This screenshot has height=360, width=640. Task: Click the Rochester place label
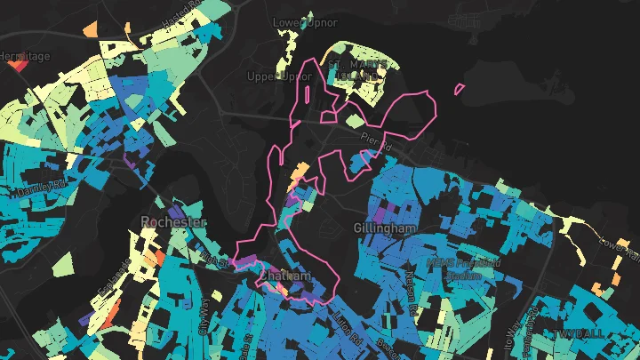(172, 221)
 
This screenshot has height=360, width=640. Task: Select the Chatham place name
(285, 276)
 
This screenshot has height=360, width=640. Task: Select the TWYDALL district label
(578, 332)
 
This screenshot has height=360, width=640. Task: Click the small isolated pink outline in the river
(459, 89)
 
